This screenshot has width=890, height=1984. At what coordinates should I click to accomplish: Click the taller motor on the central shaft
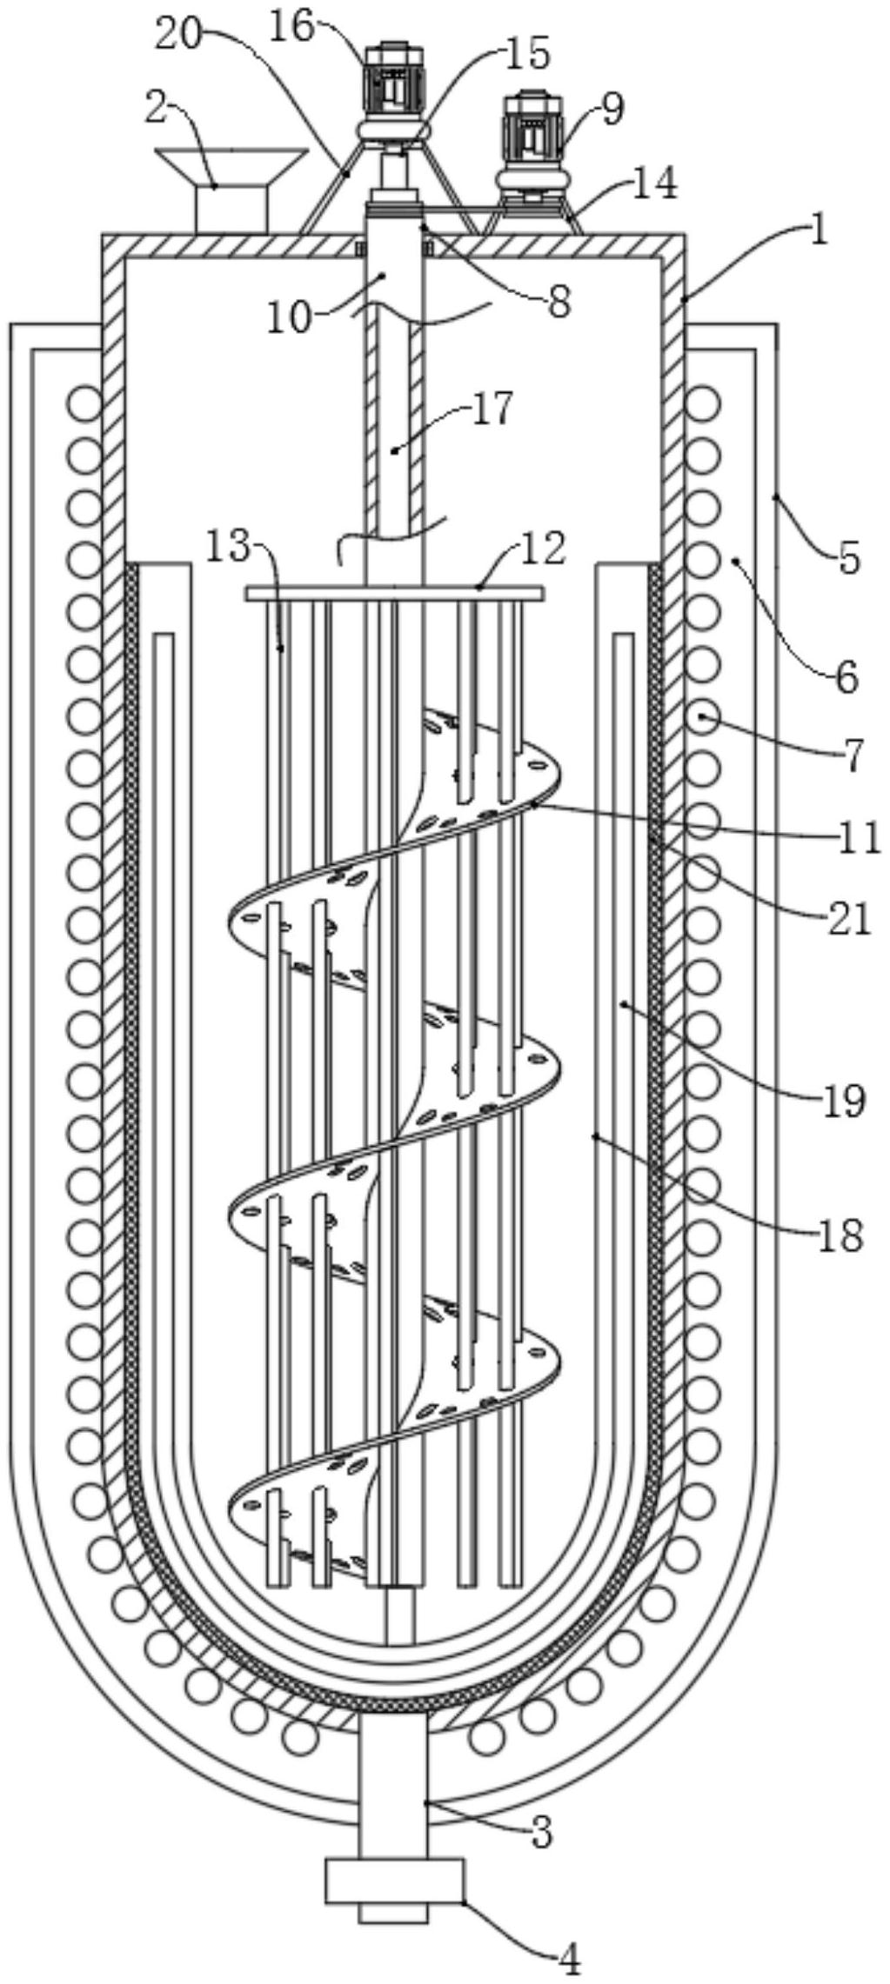click(x=394, y=83)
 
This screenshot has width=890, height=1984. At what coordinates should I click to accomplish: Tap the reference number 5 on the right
click(x=849, y=556)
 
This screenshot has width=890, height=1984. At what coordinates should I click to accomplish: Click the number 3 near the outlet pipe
click(x=540, y=1831)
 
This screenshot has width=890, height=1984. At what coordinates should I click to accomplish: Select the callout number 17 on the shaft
click(x=492, y=408)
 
